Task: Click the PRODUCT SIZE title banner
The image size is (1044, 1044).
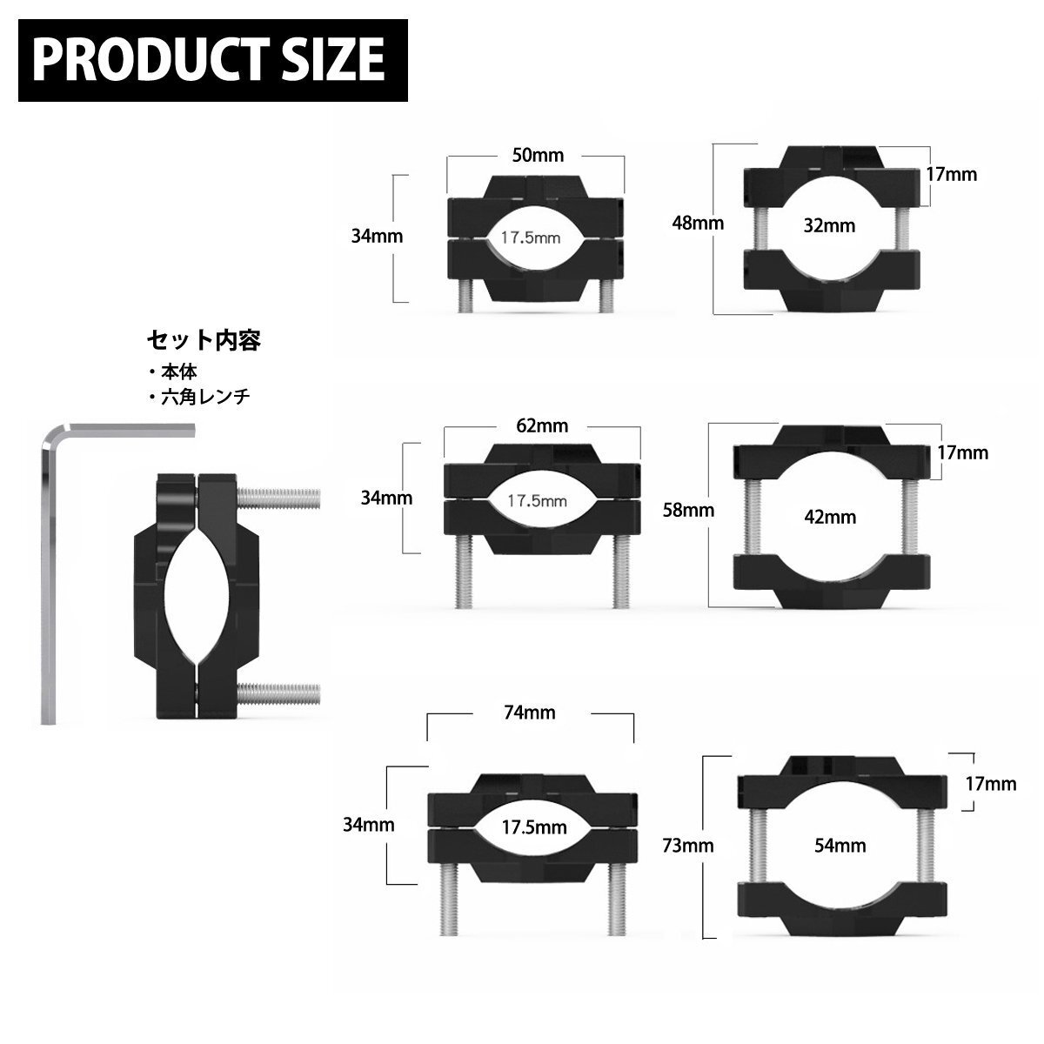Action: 213,60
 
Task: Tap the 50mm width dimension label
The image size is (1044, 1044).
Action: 538,156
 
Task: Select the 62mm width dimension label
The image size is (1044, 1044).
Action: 542,425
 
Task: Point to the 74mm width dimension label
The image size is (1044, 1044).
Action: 529,713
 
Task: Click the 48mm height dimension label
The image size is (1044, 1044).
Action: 698,223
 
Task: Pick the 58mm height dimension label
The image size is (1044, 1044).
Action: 688,510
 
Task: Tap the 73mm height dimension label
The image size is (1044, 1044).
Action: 688,845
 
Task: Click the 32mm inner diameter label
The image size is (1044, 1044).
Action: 829,225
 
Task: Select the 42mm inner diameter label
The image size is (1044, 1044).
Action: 830,517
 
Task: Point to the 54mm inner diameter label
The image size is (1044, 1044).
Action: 840,845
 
